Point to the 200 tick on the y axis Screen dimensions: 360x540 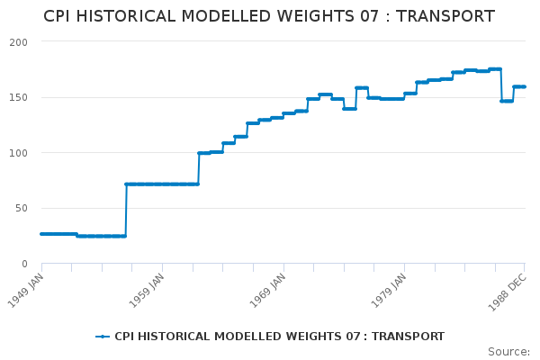coord(19,42)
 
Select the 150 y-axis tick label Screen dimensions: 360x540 coord(19,97)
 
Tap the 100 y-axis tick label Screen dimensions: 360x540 coord(19,153)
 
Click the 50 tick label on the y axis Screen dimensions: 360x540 coord(22,208)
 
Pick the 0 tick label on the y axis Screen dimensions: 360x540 coord(25,264)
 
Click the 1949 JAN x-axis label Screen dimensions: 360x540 coord(26,289)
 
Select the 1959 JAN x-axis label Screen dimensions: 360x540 coord(147,289)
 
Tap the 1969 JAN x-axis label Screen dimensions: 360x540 coord(267,289)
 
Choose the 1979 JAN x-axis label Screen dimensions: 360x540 coord(388,289)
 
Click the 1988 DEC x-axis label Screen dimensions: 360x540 coord(508,289)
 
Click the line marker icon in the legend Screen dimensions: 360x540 coord(103,337)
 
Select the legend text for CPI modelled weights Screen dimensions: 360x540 coord(279,337)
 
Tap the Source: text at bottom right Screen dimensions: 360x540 coord(508,351)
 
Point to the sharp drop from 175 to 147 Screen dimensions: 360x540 coord(501,85)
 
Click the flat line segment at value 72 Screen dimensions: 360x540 coord(162,184)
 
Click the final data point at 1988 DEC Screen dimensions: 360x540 coord(525,86)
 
